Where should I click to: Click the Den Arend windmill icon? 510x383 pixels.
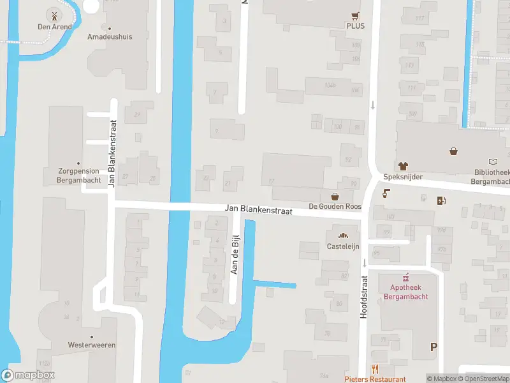54,15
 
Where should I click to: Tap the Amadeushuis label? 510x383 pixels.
110,36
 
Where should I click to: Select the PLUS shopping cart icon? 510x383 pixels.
355,16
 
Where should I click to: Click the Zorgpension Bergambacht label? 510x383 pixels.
78,176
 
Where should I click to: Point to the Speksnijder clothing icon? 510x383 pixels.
403,165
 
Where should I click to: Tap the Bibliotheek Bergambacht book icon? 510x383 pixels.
492,163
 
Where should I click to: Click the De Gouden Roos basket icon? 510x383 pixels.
335,196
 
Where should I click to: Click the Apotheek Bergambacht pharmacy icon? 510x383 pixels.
405,278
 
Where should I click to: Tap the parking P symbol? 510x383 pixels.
434,347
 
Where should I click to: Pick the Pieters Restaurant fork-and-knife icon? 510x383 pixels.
375,369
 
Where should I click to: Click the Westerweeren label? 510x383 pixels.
92,345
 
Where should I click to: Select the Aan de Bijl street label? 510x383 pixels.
236,254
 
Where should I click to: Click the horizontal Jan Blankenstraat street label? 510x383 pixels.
258,210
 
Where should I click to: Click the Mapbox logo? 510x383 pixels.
28,375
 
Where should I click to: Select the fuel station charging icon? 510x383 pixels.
441,201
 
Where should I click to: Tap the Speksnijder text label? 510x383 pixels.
403,177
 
